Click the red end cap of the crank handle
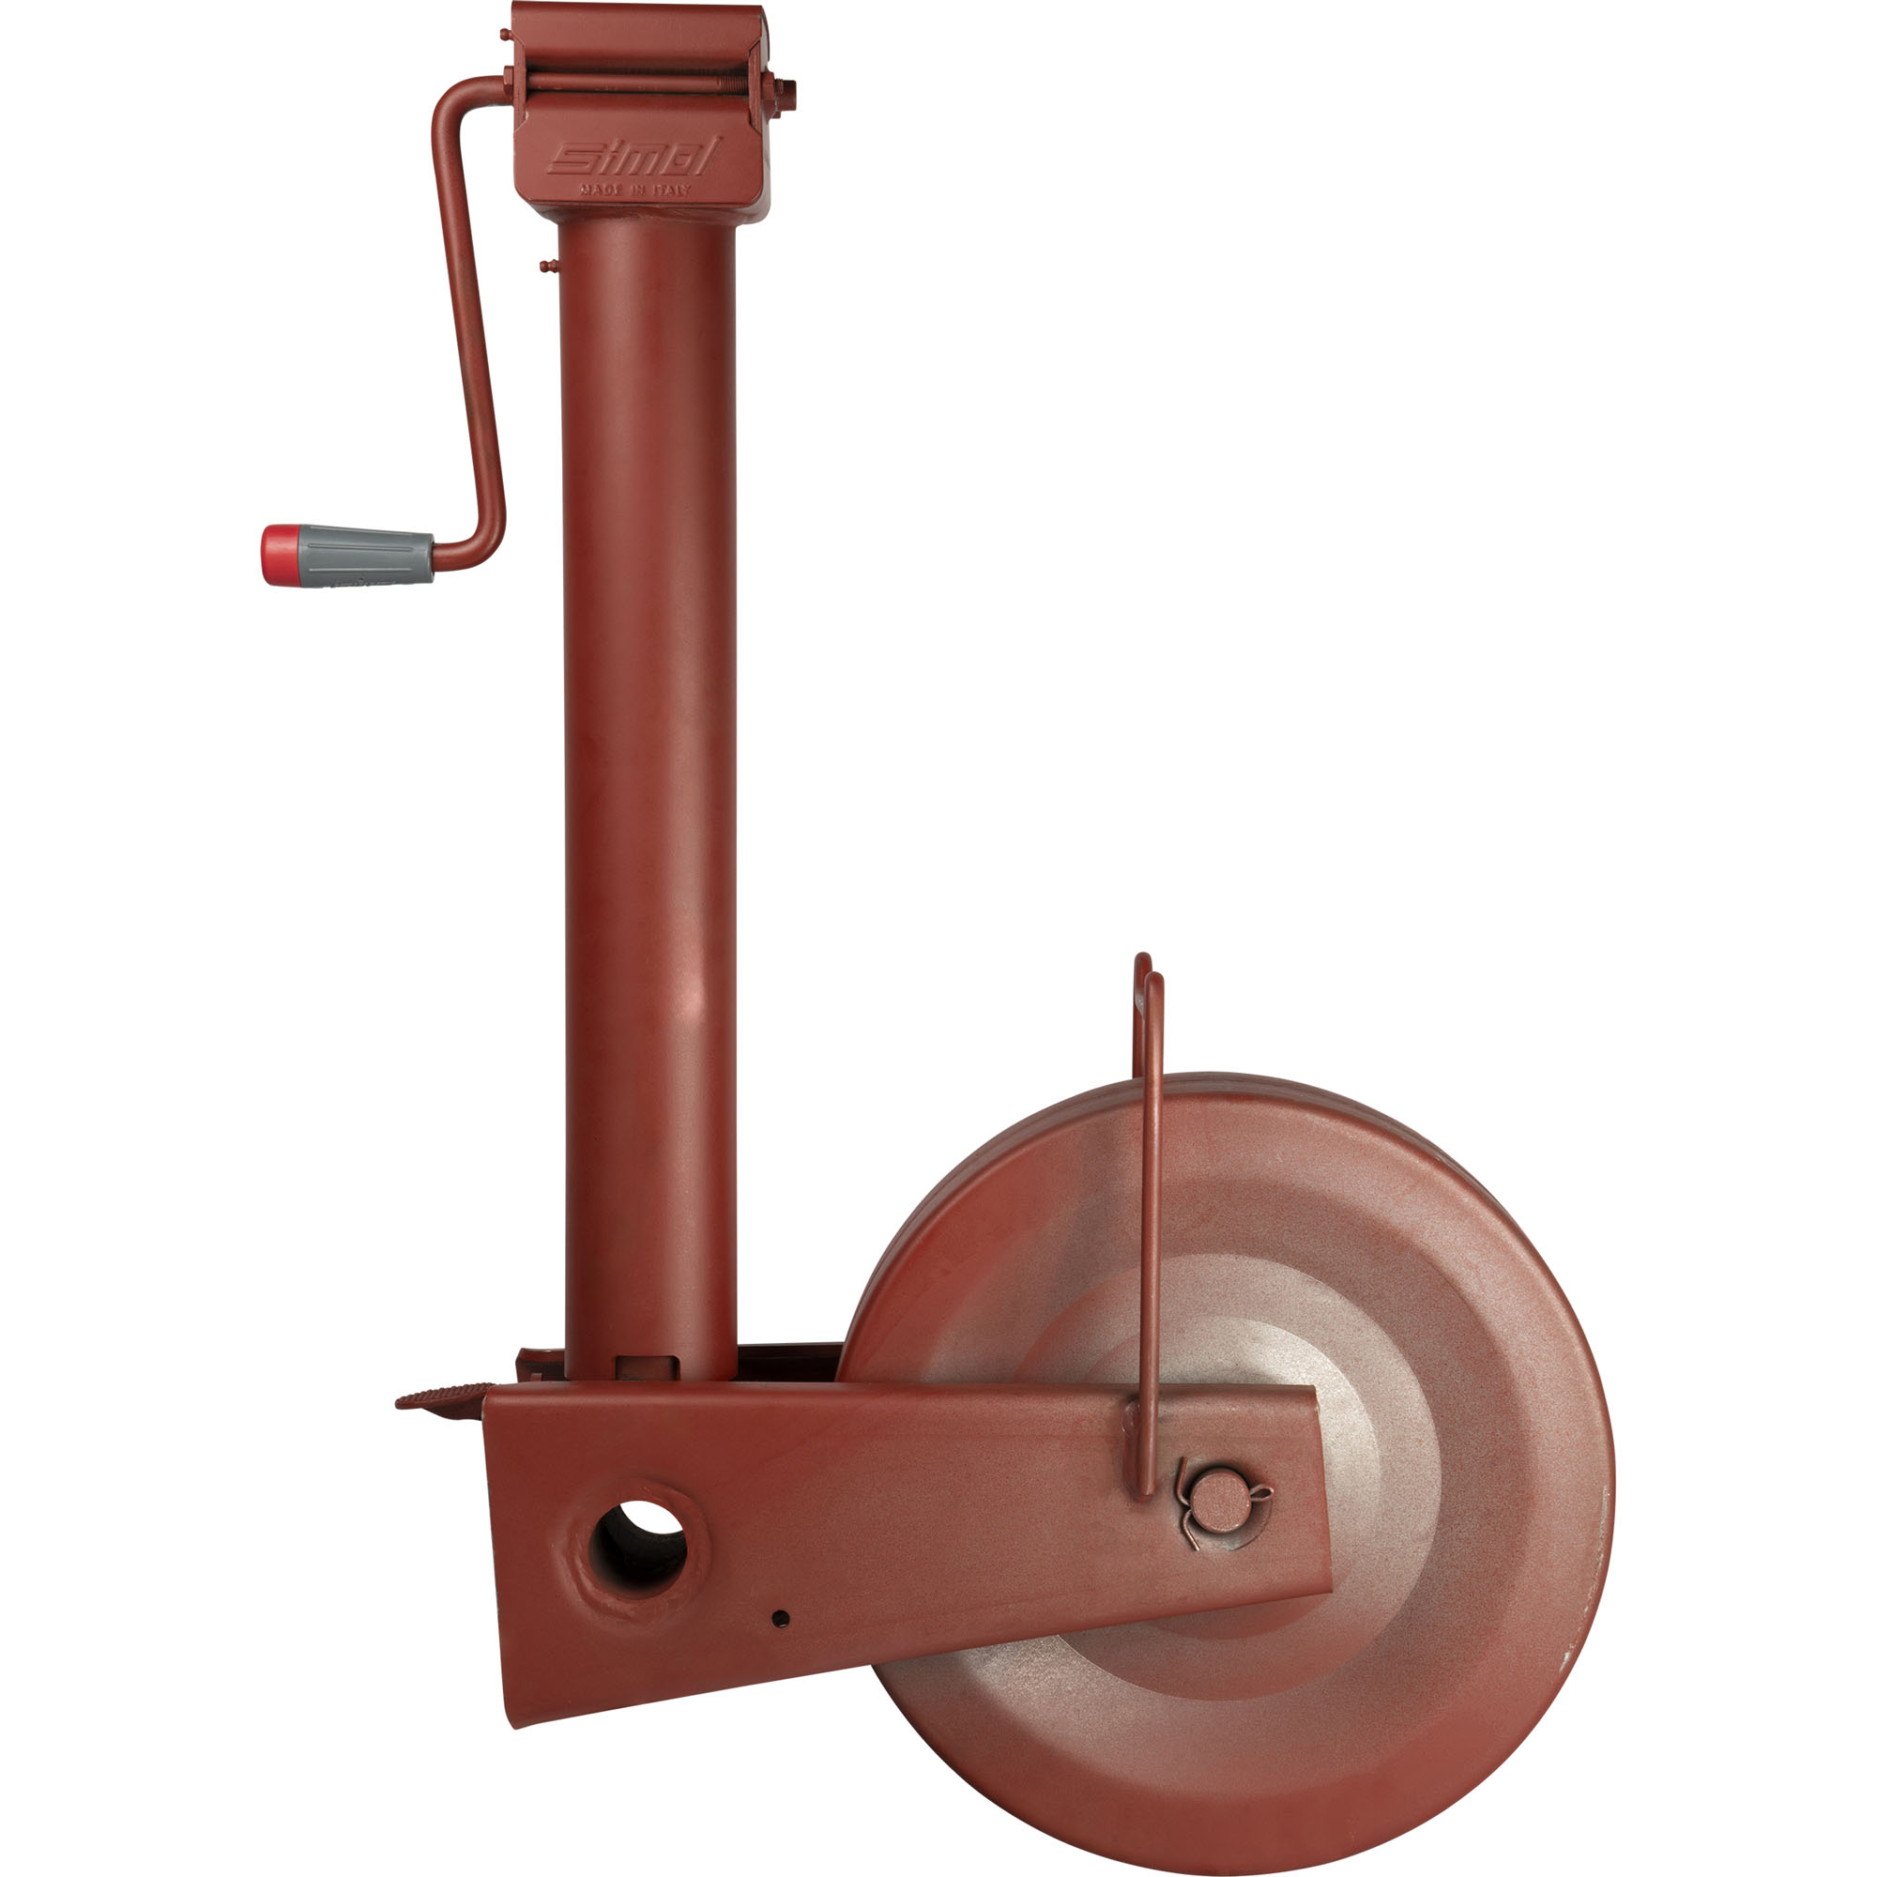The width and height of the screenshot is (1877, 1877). pyautogui.click(x=279, y=555)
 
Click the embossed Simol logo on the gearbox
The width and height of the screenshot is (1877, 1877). pyautogui.click(x=633, y=158)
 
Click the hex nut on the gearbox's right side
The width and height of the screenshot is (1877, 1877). pyautogui.click(x=783, y=95)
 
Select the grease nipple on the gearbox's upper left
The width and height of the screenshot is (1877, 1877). pyautogui.click(x=506, y=35)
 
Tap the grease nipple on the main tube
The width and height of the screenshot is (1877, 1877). pyautogui.click(x=548, y=264)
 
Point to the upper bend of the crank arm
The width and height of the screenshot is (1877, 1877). pyautogui.click(x=450, y=98)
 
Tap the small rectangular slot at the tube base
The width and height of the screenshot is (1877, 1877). pyautogui.click(x=647, y=1365)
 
